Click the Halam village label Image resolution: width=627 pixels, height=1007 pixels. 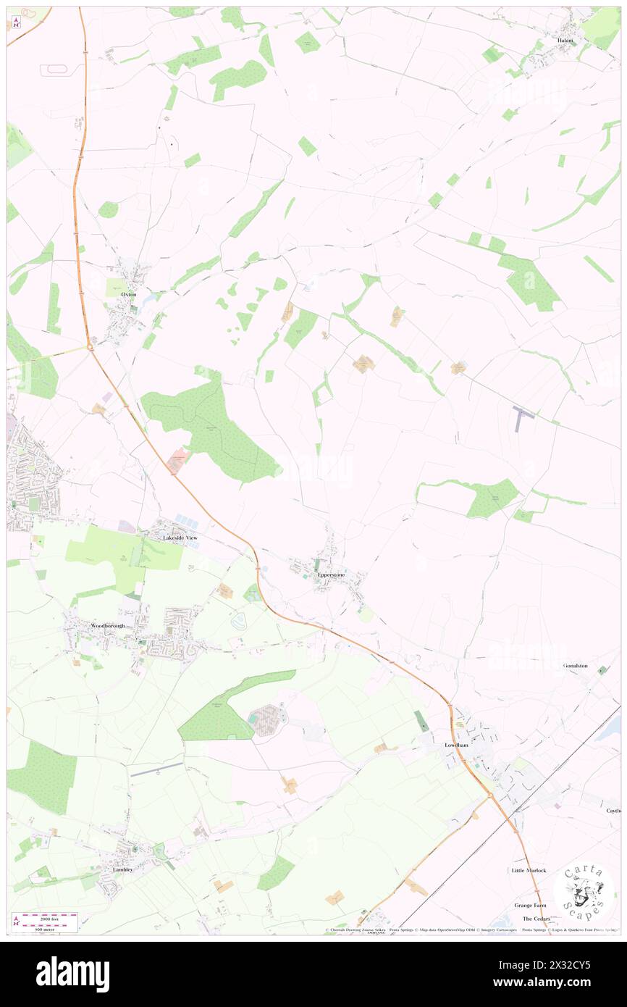[565, 41]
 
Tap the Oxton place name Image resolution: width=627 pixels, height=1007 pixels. [129, 295]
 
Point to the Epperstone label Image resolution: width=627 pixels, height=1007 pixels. [332, 574]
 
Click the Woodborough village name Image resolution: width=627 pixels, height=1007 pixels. [108, 625]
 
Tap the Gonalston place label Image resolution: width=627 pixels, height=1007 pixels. [576, 665]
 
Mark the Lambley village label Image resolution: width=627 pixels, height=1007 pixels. [122, 869]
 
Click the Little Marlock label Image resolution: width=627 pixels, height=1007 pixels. [529, 870]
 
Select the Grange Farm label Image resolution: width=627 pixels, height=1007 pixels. [531, 905]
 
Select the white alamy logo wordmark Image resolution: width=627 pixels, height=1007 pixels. [72, 974]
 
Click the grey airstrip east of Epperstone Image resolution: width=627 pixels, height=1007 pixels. [523, 417]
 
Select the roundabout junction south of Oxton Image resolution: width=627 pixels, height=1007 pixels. [91, 348]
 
